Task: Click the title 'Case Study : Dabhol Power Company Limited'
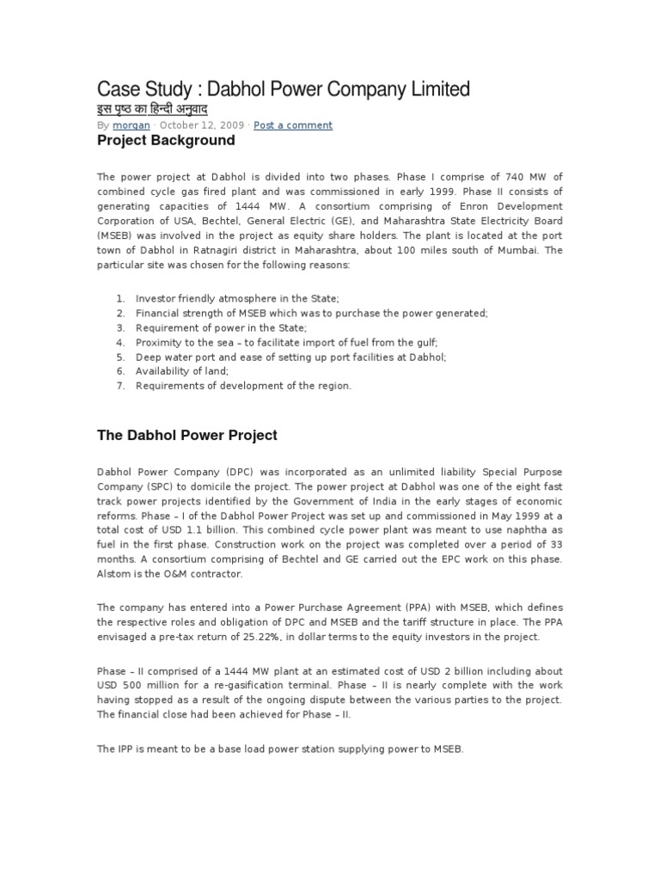pyautogui.click(x=284, y=89)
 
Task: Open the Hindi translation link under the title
pyautogui.click(x=151, y=110)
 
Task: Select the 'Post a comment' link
pyautogui.click(x=293, y=125)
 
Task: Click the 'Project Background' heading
pyautogui.click(x=166, y=140)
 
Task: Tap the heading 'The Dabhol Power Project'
pyautogui.click(x=186, y=436)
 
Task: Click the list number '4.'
pyautogui.click(x=120, y=342)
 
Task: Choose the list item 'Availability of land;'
pyautogui.click(x=181, y=371)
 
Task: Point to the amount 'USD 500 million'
pyautogui.click(x=137, y=685)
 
